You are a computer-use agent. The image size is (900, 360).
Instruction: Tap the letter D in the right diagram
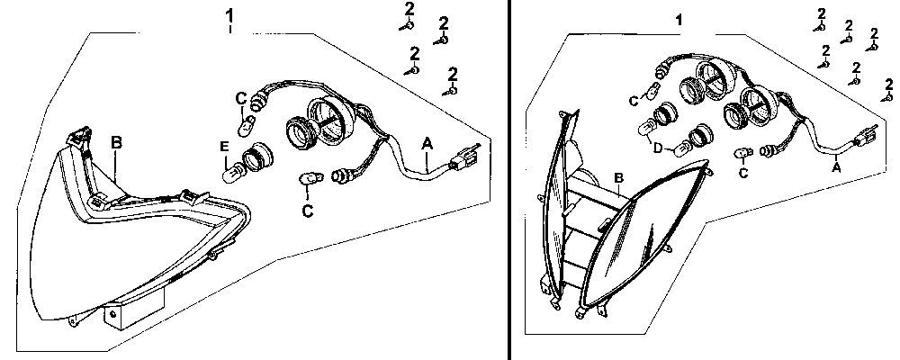click(658, 147)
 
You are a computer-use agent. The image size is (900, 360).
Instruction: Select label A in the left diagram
click(426, 141)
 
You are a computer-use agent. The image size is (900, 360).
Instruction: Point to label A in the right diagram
click(837, 166)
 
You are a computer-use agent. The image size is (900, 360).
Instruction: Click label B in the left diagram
click(116, 141)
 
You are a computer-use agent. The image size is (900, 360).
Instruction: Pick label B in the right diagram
click(618, 177)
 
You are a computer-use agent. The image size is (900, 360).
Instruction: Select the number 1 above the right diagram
click(679, 19)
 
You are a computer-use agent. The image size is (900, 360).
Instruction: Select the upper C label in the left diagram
click(240, 98)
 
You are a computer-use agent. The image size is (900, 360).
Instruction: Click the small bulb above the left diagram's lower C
click(309, 184)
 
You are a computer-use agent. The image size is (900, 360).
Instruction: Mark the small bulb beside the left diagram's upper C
click(251, 121)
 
